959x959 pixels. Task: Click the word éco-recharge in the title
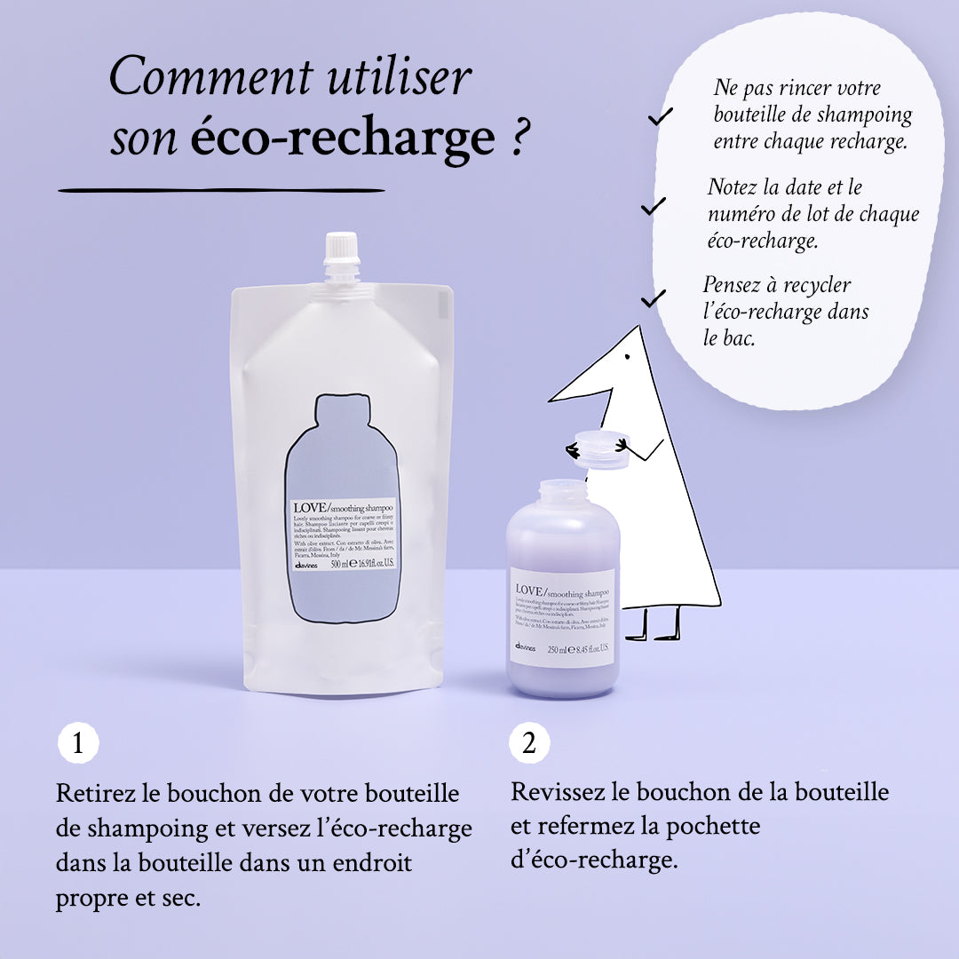(343, 137)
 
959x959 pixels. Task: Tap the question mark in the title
(520, 139)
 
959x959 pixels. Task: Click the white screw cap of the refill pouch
(341, 256)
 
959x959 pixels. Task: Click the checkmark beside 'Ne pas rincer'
(661, 115)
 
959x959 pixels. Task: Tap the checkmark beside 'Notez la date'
(654, 207)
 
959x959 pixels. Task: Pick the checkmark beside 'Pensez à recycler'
(654, 298)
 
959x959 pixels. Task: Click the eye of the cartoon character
(628, 358)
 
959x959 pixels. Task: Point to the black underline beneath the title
(221, 190)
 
